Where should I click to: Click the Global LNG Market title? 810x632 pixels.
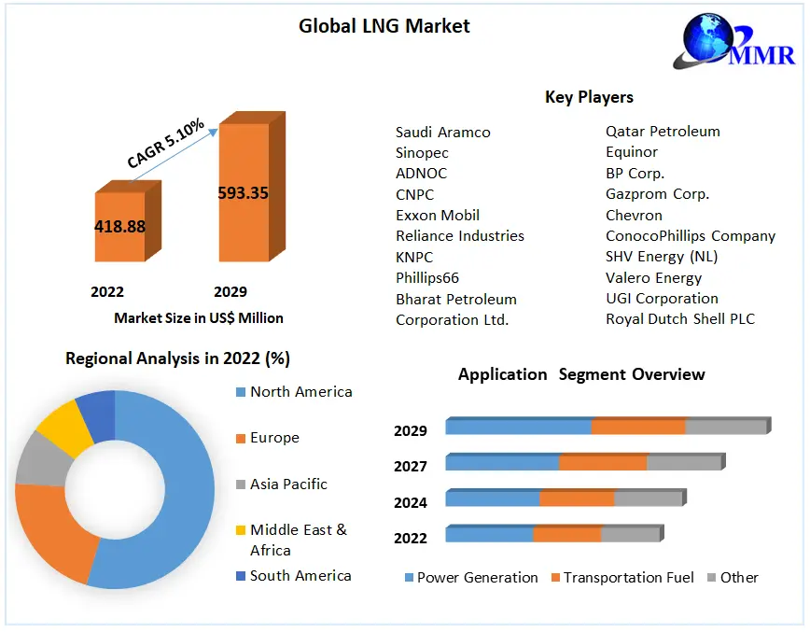point(384,26)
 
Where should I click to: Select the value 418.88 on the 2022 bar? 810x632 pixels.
point(119,226)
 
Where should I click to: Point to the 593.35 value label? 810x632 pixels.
point(243,193)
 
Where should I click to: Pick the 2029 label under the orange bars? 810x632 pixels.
point(230,292)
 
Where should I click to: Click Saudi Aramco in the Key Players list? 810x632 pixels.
point(442,133)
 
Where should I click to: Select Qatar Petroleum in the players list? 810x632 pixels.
point(663,132)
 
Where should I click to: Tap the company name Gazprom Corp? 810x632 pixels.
point(657,194)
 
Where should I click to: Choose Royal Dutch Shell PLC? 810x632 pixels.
point(679,319)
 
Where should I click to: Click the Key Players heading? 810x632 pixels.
point(589,97)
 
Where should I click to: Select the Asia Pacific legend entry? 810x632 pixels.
point(288,484)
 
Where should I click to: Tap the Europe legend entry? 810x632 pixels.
point(274,438)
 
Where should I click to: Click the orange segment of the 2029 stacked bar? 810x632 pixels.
point(638,427)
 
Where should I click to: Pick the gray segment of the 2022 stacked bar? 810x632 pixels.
point(630,535)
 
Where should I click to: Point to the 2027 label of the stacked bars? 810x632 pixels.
point(411,466)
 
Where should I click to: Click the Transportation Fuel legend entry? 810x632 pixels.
point(628,578)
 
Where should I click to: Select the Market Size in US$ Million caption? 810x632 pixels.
point(198,318)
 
